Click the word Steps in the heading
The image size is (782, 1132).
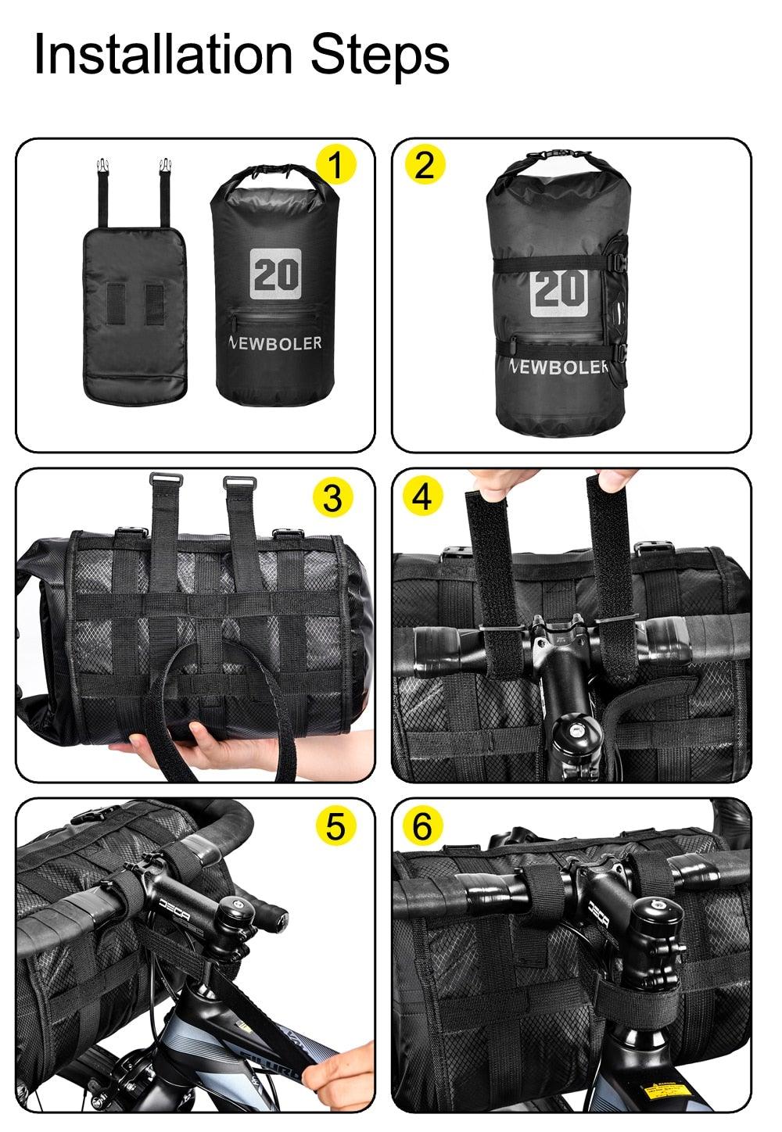(380, 55)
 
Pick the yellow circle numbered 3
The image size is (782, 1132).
(332, 497)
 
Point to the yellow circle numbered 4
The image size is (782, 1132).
(422, 496)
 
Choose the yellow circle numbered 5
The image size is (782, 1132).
(335, 826)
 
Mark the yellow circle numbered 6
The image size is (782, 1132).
(422, 826)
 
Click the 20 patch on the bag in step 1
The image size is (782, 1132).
(276, 274)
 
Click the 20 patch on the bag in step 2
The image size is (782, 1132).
(558, 289)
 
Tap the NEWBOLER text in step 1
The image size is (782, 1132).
(275, 343)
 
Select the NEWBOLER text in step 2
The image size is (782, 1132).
(558, 366)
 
